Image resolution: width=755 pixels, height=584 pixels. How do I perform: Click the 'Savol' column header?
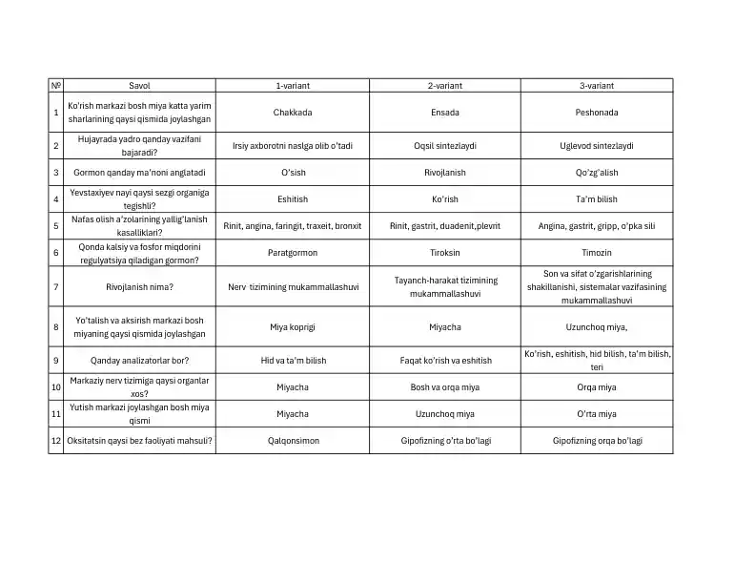(x=139, y=85)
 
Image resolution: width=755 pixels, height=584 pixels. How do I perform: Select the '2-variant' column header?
(x=444, y=85)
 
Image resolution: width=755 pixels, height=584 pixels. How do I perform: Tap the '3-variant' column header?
(x=597, y=85)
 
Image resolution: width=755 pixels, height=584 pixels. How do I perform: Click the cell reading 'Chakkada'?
(x=293, y=113)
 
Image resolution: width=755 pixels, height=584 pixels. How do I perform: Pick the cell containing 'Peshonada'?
(x=597, y=113)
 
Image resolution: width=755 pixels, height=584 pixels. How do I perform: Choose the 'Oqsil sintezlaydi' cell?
(x=444, y=146)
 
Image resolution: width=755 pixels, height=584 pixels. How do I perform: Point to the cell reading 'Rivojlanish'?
(x=444, y=173)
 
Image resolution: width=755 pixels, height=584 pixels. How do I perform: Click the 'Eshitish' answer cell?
(x=293, y=199)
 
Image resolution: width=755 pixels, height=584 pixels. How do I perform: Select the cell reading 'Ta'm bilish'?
(x=597, y=199)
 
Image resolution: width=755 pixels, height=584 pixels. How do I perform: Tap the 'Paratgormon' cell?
(x=293, y=253)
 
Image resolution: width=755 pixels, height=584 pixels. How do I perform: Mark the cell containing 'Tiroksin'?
(x=444, y=253)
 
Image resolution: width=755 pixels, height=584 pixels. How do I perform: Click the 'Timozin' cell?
(x=597, y=253)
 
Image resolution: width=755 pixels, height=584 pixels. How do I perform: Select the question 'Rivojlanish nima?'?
(x=139, y=286)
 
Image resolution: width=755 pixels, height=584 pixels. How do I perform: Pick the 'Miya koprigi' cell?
(x=293, y=326)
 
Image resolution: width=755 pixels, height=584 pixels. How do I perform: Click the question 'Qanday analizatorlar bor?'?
(x=139, y=361)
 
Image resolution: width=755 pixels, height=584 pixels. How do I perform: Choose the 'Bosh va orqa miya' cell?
(x=444, y=387)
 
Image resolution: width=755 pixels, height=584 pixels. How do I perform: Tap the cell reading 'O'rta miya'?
(x=597, y=414)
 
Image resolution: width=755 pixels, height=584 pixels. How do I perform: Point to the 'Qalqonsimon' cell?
(x=293, y=441)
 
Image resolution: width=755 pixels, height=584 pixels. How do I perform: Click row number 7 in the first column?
(x=56, y=286)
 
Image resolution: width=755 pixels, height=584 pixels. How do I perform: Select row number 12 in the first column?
(x=56, y=441)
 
